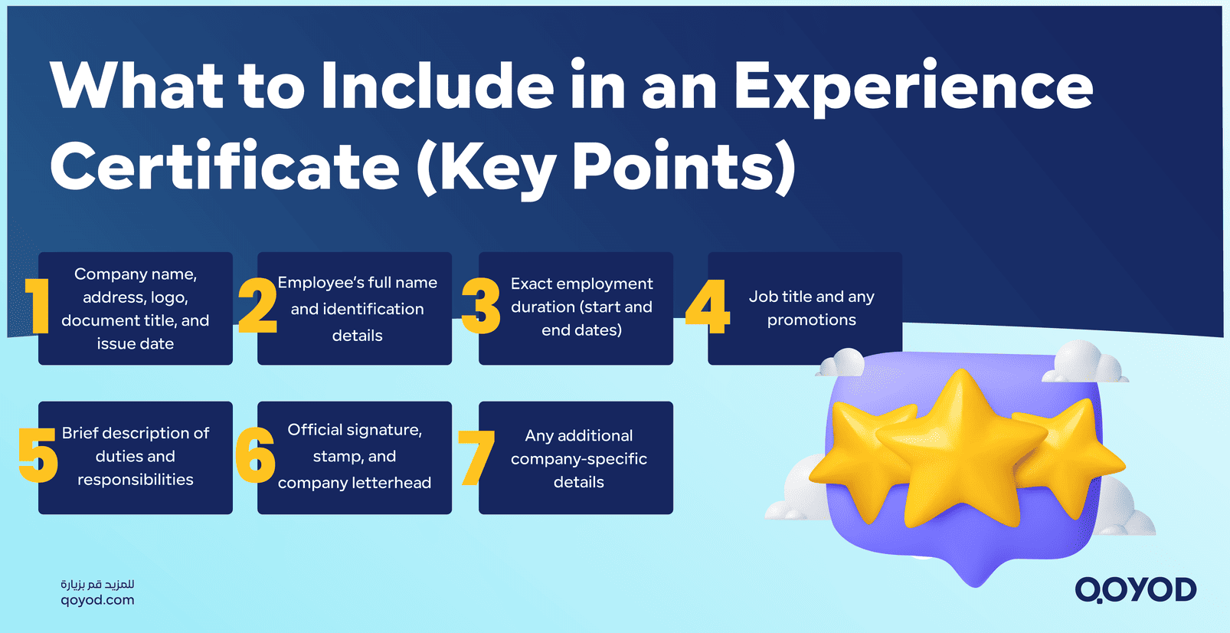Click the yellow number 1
pos(38,306)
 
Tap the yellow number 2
pos(257,306)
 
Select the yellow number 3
pos(481,307)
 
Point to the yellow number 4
pos(708,307)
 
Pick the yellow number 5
pos(38,455)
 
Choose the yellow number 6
pos(255,455)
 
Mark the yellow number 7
pos(476,458)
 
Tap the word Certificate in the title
pos(224,168)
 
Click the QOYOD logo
pos(1135,590)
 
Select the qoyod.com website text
pos(97,601)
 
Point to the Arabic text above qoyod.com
pos(97,584)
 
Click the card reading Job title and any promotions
pos(805,308)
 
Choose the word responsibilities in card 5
pos(136,480)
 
